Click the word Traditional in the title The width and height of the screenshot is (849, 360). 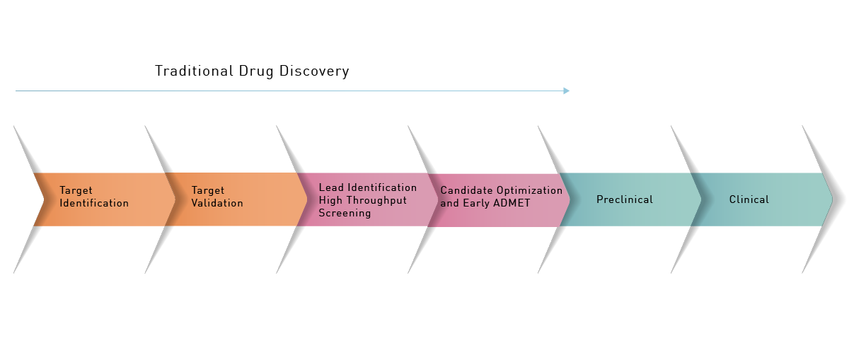tap(194, 71)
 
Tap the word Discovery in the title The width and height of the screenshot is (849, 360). tap(314, 71)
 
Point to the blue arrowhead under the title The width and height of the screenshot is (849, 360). tap(566, 91)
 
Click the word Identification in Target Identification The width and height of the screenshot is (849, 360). tap(94, 203)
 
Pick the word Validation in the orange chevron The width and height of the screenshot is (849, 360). tap(217, 203)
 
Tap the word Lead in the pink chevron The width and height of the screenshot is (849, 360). tap(331, 187)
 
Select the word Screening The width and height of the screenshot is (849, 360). tap(345, 214)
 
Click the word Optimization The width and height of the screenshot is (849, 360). tap(529, 190)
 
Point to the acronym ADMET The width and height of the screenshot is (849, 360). tap(512, 203)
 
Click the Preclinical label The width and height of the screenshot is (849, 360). tap(625, 199)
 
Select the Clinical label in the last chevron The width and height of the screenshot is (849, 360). tap(749, 199)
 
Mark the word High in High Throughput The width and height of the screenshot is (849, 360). tap(330, 200)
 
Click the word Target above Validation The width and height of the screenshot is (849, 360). tap(208, 191)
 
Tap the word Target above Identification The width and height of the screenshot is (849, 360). tap(76, 191)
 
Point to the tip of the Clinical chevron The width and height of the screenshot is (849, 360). tap(832, 199)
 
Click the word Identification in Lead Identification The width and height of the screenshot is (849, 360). tap(382, 187)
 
